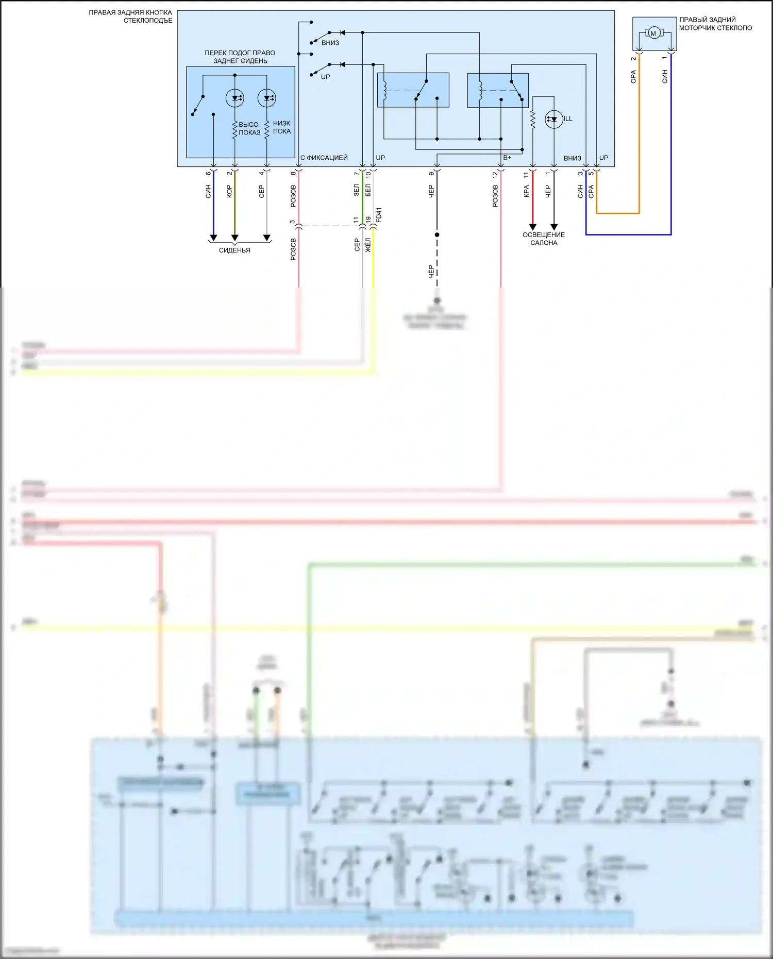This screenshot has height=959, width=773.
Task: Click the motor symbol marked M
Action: point(653,33)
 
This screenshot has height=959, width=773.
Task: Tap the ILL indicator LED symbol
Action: point(554,119)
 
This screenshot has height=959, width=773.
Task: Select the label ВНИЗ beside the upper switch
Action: point(330,43)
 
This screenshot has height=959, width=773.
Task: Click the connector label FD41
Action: point(379,215)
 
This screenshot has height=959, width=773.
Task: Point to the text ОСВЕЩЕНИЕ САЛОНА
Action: point(544,239)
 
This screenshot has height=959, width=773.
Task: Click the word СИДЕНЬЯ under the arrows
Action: point(234,250)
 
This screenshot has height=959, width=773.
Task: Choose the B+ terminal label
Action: point(507,158)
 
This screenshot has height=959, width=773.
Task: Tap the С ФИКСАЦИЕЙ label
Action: point(324,158)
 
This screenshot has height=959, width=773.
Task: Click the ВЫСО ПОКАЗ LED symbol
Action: point(235,98)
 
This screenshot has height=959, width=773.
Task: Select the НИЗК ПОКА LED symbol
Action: point(266,98)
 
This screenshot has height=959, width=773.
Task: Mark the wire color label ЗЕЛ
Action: point(356,190)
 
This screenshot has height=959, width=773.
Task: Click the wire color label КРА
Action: point(526,191)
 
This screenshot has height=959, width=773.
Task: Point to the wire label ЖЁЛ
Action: point(368,245)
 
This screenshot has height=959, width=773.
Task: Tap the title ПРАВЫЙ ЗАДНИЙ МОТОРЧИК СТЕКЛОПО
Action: point(715,24)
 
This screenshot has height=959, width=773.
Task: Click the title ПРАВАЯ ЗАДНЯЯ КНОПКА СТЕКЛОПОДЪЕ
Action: point(130,16)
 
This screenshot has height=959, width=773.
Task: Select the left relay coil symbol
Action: point(384,90)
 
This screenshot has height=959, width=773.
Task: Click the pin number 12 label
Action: point(495,175)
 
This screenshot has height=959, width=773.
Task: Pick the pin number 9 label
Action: point(431,174)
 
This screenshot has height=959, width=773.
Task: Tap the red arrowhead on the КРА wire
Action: point(533,227)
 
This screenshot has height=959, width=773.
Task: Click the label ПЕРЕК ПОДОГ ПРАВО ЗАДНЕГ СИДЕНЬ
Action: point(240,57)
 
